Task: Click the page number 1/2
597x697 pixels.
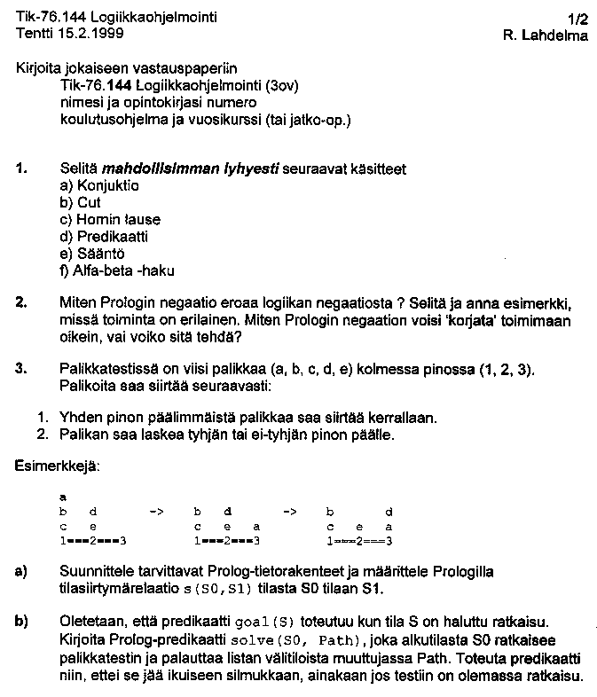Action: click(x=577, y=17)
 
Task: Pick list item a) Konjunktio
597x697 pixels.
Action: click(x=99, y=185)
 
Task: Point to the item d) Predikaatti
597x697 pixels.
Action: click(x=104, y=237)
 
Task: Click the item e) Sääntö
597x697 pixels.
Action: click(x=90, y=254)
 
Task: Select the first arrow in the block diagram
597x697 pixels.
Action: click(x=156, y=513)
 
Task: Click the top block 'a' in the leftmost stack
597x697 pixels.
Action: click(x=63, y=498)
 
